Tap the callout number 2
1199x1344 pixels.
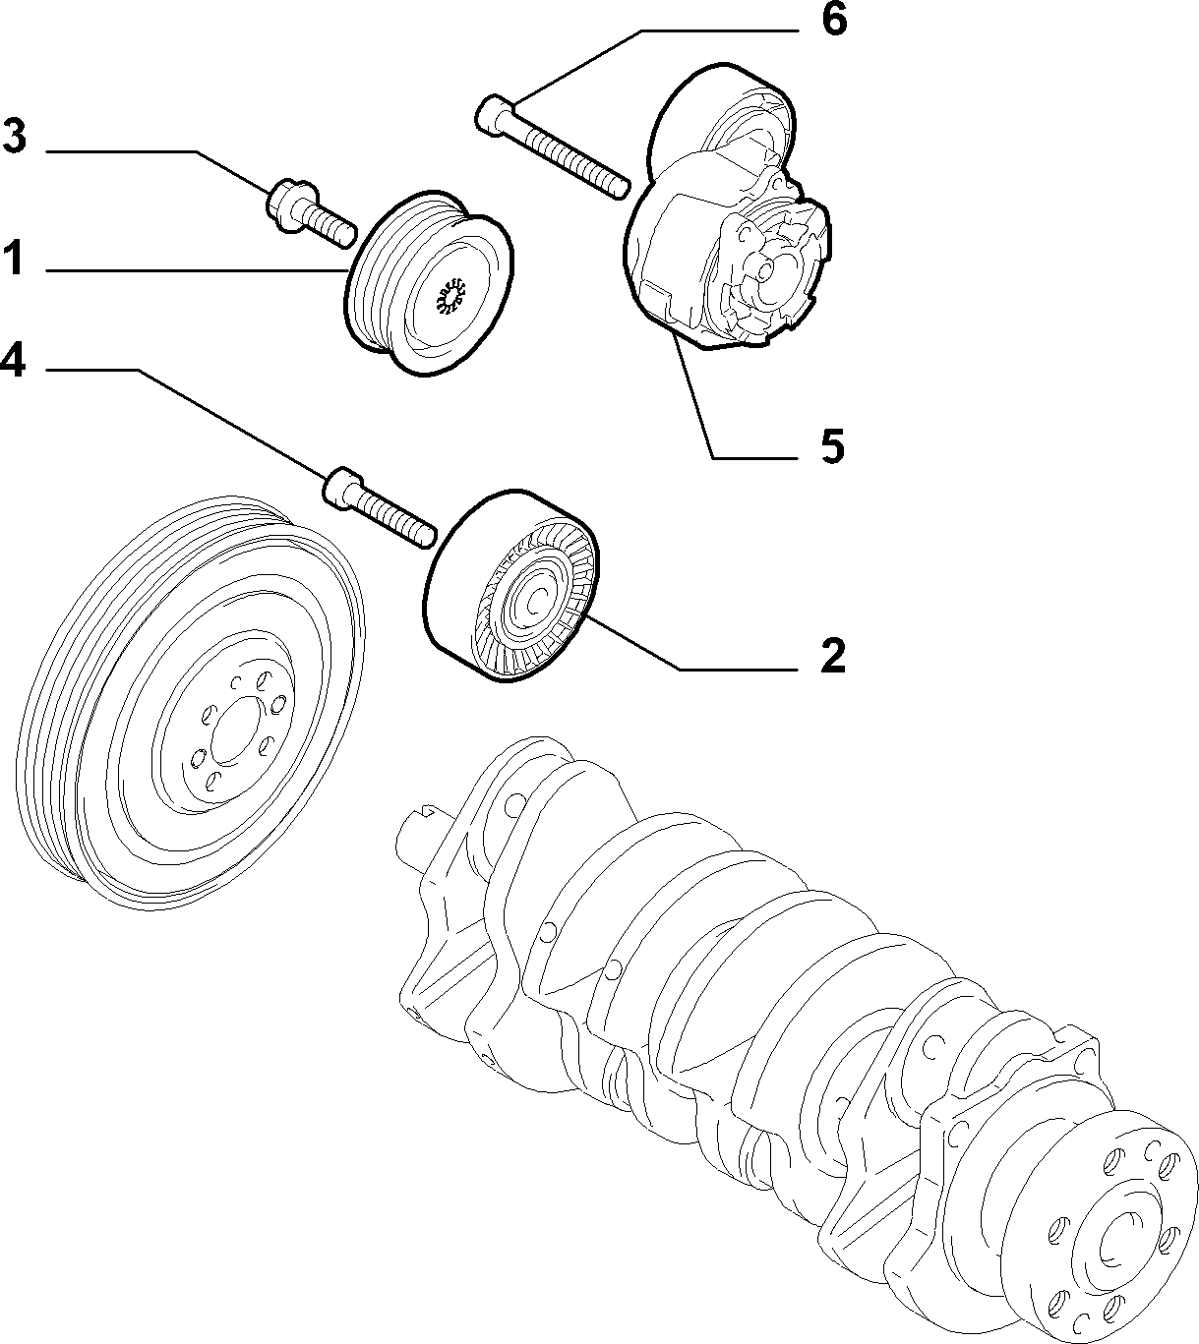(832, 656)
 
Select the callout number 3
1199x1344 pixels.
(14, 136)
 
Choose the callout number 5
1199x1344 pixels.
(832, 445)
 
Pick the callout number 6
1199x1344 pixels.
(834, 20)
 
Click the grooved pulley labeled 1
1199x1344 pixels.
(430, 284)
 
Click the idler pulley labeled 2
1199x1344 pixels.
(510, 585)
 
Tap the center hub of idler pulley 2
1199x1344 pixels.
(535, 601)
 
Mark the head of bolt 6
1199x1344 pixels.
(495, 117)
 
